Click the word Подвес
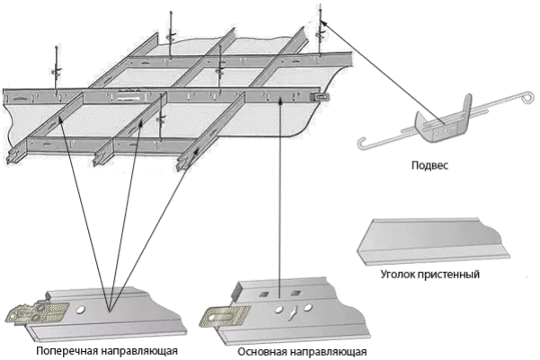429,165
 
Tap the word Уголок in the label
397,275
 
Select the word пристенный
448,275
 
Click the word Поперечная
66,351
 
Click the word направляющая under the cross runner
138,351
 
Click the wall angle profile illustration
433,241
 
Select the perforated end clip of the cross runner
37,312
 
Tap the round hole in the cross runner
80,310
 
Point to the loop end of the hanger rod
527,97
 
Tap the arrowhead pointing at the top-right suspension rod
323,23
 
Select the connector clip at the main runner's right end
320,97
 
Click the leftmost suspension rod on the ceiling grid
56,69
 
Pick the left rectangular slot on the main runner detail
264,294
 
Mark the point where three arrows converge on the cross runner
110,312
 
